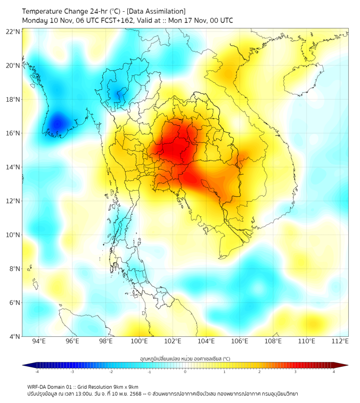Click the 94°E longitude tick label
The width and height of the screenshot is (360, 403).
pos(39,341)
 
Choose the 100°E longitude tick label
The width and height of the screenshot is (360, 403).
pos(139,341)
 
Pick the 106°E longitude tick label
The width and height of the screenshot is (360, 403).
pos(240,341)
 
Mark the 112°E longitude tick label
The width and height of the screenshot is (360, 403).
pos(340,341)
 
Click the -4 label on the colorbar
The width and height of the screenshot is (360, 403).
pos(37,372)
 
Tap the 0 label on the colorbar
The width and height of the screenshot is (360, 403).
pos(185,372)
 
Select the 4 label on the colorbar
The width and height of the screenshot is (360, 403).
pos(334,372)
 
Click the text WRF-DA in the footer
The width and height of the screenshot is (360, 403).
pos(37,386)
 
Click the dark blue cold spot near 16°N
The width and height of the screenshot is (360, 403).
pos(56,124)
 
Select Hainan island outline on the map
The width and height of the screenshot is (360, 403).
pos(302,81)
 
